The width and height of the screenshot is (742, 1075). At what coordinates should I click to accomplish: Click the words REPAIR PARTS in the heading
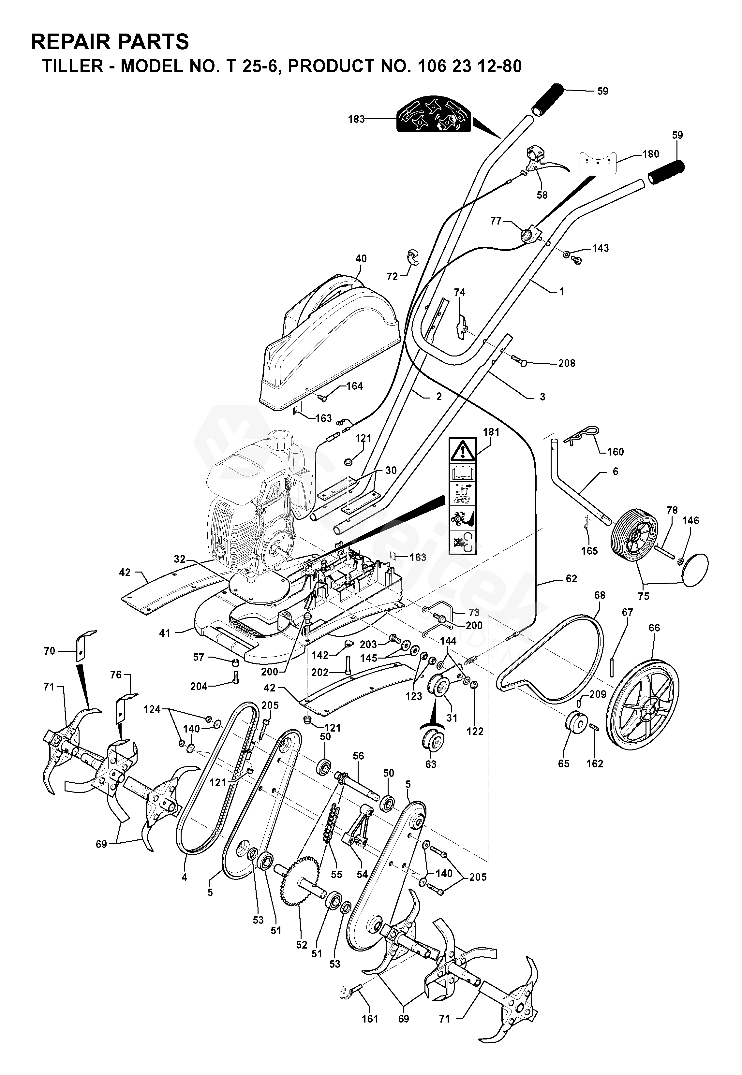point(110,42)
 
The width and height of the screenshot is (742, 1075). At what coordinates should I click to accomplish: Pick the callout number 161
point(370,1018)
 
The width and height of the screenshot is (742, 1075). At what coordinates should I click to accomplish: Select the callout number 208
point(567,363)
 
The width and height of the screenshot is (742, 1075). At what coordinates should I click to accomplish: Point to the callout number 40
point(361,258)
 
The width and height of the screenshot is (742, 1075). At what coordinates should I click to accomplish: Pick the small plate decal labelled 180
point(597,163)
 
